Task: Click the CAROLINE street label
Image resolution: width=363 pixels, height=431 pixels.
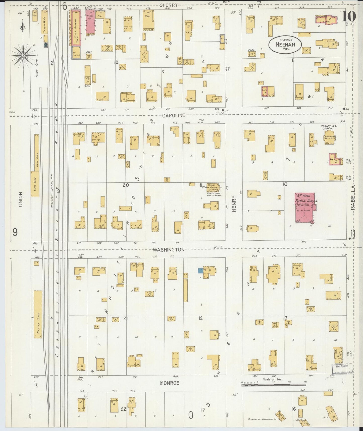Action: (173, 115)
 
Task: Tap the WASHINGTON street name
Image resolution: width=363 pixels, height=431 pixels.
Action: (169, 250)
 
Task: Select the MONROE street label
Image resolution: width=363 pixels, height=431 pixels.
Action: (170, 383)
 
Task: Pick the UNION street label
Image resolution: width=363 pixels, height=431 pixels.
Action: (21, 199)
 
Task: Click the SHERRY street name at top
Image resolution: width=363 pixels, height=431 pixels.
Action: (169, 5)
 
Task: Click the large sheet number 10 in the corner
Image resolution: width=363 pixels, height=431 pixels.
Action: (349, 17)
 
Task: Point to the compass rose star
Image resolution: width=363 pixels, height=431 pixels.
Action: (23, 55)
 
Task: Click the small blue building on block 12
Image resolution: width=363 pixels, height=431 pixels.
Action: (200, 271)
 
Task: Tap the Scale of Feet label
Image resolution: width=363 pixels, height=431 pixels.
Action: (273, 379)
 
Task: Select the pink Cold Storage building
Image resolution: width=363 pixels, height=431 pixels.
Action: (76, 28)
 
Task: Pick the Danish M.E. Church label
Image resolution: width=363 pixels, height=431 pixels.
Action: (328, 127)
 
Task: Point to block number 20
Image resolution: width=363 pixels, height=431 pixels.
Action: (126, 185)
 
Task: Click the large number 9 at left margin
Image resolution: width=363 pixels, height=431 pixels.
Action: (15, 232)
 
